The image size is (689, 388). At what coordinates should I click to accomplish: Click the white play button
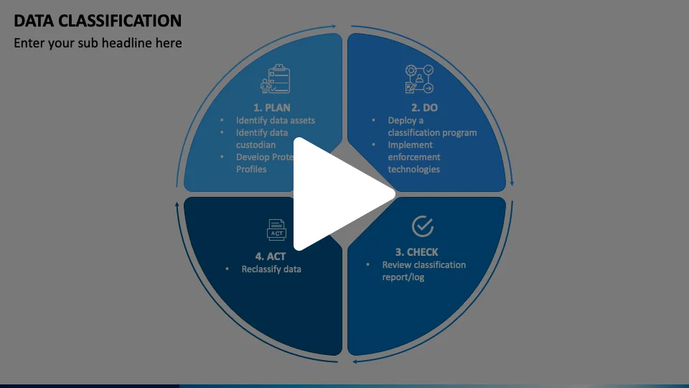pyautogui.click(x=337, y=194)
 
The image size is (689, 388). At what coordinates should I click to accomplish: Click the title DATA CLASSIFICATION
pyautogui.click(x=98, y=20)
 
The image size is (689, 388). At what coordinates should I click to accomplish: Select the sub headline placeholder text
pyautogui.click(x=98, y=43)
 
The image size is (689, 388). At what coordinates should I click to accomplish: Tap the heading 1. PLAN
pyautogui.click(x=272, y=108)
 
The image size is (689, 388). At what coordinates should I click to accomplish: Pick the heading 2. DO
pyautogui.click(x=424, y=108)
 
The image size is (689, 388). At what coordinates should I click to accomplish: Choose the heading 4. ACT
pyautogui.click(x=270, y=256)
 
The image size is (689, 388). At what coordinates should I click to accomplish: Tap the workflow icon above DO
pyautogui.click(x=420, y=79)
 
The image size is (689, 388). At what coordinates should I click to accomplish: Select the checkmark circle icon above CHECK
pyautogui.click(x=423, y=226)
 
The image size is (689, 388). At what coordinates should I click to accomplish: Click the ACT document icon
pyautogui.click(x=276, y=230)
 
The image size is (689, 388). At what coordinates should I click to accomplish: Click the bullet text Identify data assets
pyautogui.click(x=276, y=121)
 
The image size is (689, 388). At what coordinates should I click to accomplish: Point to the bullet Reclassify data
pyautogui.click(x=271, y=269)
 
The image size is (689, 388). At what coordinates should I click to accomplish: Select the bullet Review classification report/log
pyautogui.click(x=423, y=271)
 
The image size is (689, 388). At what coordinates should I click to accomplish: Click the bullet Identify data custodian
pyautogui.click(x=262, y=139)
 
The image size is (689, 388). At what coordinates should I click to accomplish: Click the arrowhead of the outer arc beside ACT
pyautogui.click(x=178, y=205)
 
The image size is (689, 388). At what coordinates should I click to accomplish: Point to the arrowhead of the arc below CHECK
pyautogui.click(x=355, y=361)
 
